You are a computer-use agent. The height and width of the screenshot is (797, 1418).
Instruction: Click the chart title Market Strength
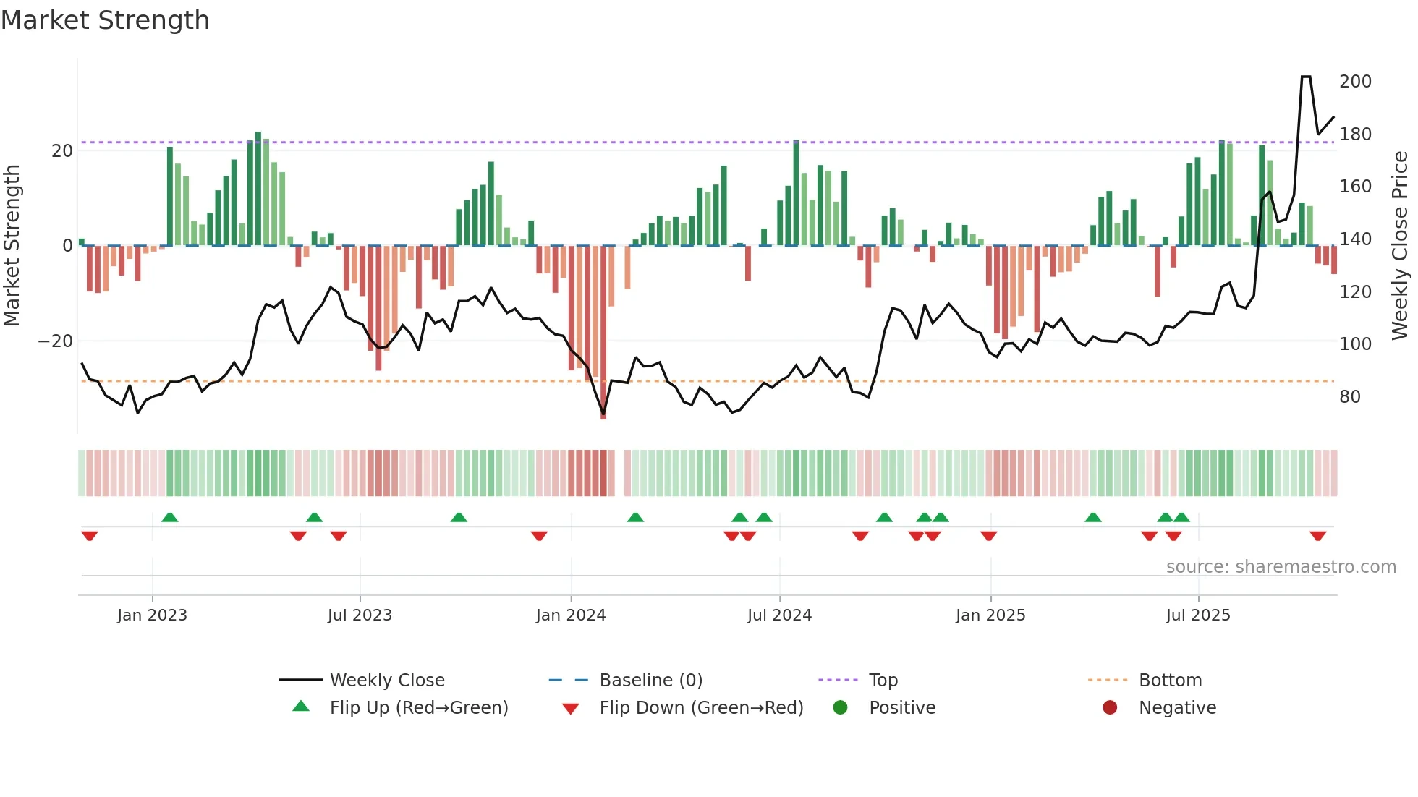(x=105, y=20)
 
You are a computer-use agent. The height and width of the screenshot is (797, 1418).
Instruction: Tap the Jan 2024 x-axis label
(x=571, y=615)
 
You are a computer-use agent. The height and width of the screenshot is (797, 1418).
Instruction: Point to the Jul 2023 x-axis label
(x=360, y=615)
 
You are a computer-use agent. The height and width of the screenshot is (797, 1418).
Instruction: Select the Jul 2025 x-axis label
(x=1198, y=615)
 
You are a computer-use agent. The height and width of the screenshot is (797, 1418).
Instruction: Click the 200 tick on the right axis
(x=1355, y=82)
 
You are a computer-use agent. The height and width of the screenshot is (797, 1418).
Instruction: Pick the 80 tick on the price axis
(x=1350, y=397)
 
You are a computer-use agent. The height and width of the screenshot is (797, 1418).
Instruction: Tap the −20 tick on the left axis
(x=56, y=341)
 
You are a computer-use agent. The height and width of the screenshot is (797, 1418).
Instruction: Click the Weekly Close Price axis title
(x=1400, y=246)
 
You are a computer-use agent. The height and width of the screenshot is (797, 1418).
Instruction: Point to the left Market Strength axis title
(x=12, y=246)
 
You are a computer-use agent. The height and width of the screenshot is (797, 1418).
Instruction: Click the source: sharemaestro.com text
(x=1281, y=567)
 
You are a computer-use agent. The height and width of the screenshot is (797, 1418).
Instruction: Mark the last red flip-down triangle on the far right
(x=1317, y=536)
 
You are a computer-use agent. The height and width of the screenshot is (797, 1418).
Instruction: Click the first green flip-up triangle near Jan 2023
(x=169, y=518)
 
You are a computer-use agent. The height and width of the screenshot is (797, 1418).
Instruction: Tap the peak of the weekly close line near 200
(x=1306, y=77)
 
